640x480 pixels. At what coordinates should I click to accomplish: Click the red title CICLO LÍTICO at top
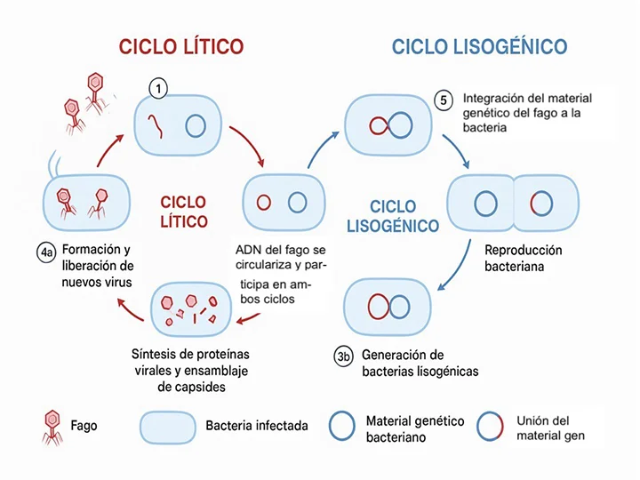[x=181, y=46]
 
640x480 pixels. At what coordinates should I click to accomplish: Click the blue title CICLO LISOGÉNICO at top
[x=479, y=46]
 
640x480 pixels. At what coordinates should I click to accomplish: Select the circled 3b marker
[x=345, y=357]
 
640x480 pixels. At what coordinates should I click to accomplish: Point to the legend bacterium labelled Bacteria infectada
[x=168, y=426]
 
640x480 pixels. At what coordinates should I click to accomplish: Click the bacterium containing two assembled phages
[x=87, y=202]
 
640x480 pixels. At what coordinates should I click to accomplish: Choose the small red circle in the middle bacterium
[x=264, y=203]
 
